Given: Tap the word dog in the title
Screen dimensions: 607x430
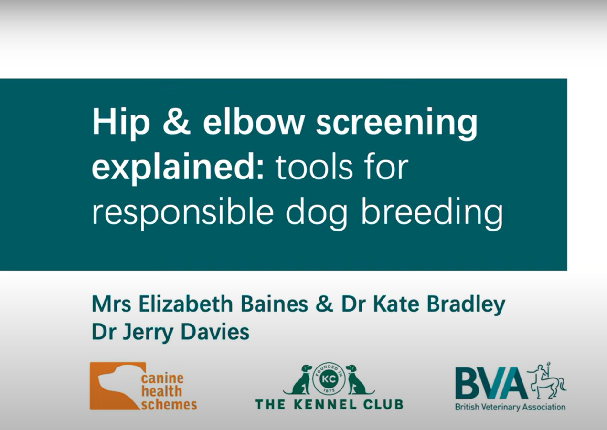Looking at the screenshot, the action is click(316, 213).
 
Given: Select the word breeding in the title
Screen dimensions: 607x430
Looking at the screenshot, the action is click(432, 213).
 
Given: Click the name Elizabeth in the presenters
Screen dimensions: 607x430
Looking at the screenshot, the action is click(186, 304).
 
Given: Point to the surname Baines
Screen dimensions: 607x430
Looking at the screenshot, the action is click(274, 304).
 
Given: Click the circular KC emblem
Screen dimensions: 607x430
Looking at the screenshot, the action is click(329, 379).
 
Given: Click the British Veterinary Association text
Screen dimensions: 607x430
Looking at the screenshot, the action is click(510, 407).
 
